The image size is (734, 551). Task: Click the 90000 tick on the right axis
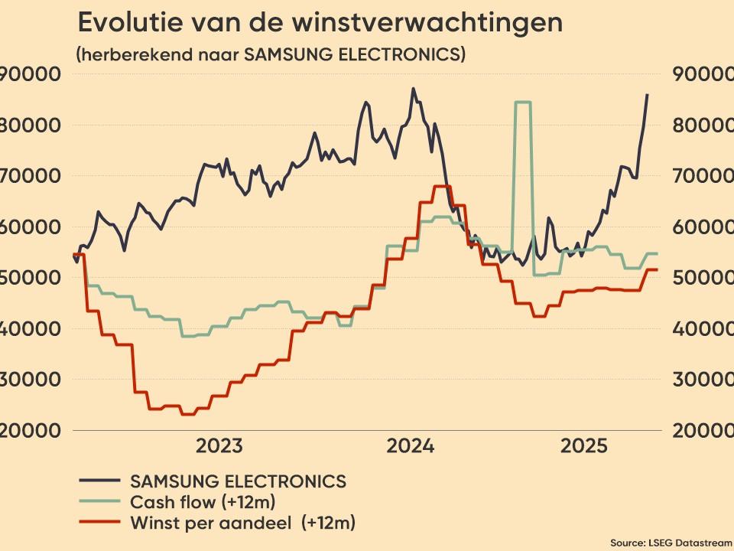click(x=702, y=74)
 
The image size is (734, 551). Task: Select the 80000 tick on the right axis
click(x=702, y=125)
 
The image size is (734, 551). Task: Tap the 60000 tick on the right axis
click(x=702, y=227)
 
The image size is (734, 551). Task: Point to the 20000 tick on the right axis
click(x=702, y=429)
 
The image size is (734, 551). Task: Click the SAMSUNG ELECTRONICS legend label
click(x=239, y=481)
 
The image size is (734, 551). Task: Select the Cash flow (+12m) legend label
click(x=203, y=502)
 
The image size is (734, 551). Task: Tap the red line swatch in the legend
click(x=99, y=523)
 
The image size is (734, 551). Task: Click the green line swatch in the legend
click(x=99, y=502)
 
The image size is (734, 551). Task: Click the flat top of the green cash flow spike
click(x=523, y=102)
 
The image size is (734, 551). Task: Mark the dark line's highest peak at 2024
click(x=414, y=89)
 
